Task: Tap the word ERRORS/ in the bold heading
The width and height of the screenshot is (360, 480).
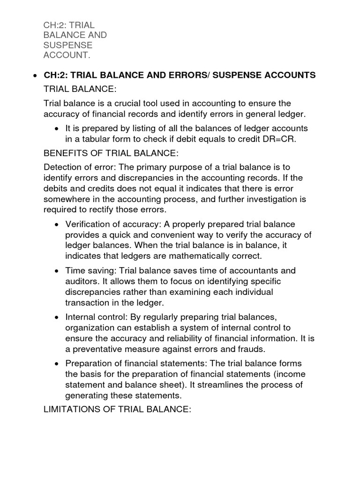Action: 190,75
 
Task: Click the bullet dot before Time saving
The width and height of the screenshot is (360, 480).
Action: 56,271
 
